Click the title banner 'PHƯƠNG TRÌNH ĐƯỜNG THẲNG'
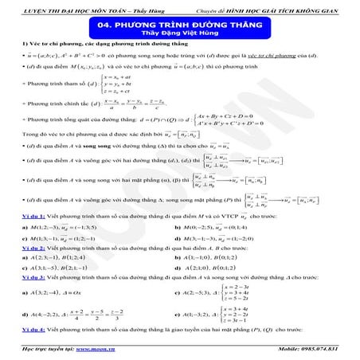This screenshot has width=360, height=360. [179, 25]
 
